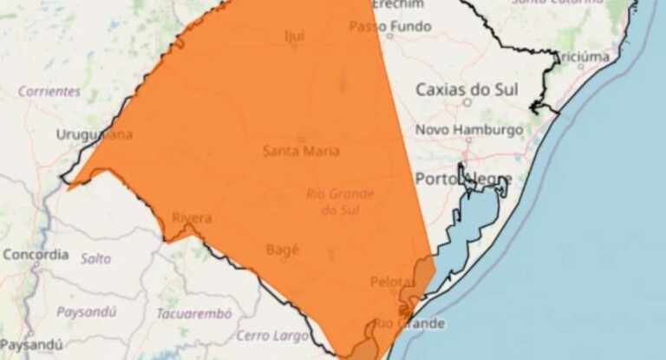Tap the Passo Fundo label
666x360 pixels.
[390, 27]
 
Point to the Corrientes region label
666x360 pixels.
[49, 91]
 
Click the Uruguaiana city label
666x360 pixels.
[95, 134]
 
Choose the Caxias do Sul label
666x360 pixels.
[467, 88]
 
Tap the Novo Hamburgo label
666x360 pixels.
[469, 130]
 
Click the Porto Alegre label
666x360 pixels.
[463, 179]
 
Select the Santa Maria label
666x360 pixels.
[300, 151]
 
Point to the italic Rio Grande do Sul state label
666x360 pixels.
[340, 201]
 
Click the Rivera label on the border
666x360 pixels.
[192, 218]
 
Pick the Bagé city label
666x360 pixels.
[282, 250]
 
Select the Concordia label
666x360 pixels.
[36, 255]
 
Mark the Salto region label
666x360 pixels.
[95, 259]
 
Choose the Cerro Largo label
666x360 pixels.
[268, 335]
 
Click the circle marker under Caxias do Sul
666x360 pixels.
[467, 101]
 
